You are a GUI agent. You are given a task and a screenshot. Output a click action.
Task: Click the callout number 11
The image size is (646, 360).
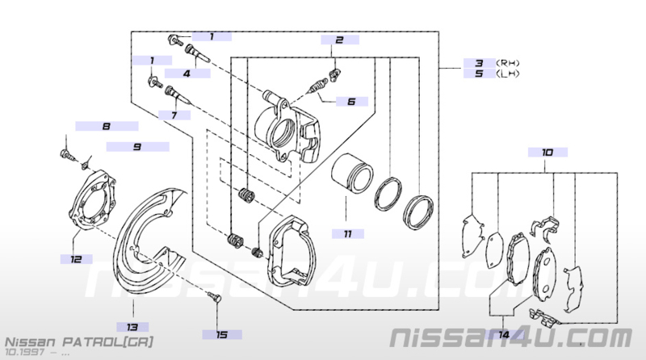pos(348,234)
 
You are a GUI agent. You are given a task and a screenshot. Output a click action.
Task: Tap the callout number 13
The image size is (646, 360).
pos(132,328)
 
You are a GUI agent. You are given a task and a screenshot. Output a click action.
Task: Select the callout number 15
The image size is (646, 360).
pos(221,335)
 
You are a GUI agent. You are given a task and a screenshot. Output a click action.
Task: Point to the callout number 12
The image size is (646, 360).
pos(76,259)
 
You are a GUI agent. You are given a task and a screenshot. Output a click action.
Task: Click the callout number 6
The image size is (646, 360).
pos(351,102)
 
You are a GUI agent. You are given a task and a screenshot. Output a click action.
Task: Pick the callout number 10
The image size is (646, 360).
pos(547,153)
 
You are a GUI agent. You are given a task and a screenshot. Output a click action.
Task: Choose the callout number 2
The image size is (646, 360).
pos(339,40)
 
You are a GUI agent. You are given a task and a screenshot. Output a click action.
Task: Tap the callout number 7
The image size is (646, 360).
pos(174,115)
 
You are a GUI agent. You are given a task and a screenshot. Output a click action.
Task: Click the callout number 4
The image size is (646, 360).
pos(187,73)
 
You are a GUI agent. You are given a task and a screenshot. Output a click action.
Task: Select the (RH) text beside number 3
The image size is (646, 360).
pos(508,63)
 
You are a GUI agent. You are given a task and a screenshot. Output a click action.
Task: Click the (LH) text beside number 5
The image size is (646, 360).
pos(508,73)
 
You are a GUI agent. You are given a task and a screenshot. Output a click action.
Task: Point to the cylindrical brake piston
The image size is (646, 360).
pos(353,173)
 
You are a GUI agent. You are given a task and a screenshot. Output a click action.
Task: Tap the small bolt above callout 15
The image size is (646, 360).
pos(215,296)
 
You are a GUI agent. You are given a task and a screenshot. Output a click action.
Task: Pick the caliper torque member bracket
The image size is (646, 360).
pos(292,250)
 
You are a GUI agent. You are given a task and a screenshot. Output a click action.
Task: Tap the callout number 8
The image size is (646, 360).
pos(107,126)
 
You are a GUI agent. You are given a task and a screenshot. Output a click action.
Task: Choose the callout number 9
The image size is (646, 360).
pos(137,147)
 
